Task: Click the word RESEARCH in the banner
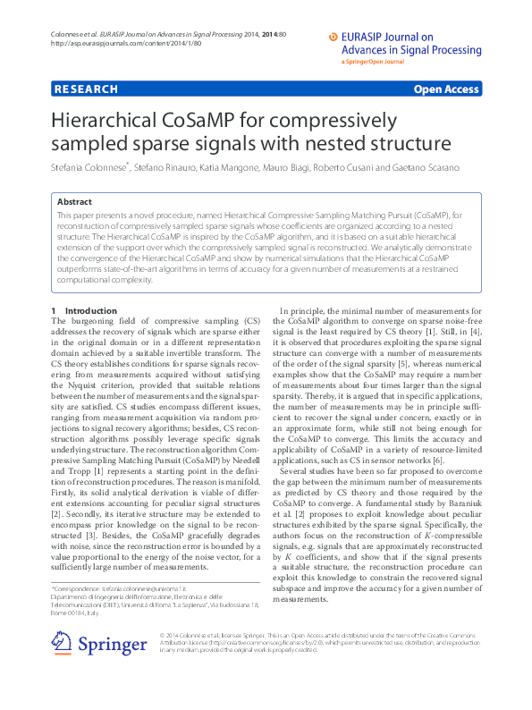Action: click(x=86, y=89)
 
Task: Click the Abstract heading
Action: click(x=74, y=202)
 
